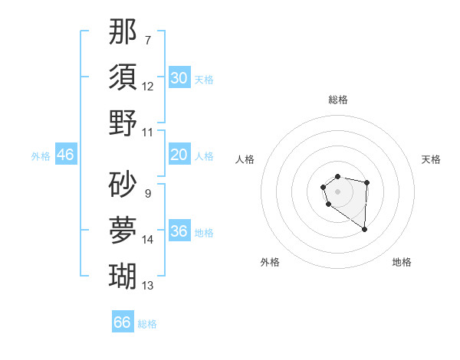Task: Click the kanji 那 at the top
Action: [123, 32]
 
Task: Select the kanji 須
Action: [123, 77]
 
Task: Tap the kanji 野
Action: [123, 123]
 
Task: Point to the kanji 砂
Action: [123, 184]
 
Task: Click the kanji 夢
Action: [123, 229]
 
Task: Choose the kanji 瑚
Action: [123, 274]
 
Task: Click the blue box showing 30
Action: [179, 78]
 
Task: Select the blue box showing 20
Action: [179, 155]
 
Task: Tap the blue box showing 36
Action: [179, 232]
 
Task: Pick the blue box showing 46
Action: [65, 155]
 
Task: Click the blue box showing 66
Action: [123, 322]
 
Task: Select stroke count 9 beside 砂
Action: [148, 194]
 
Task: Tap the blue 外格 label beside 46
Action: [41, 156]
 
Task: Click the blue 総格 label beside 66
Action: [147, 324]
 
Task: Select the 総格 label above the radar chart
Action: [338, 100]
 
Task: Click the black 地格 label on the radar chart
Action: [402, 262]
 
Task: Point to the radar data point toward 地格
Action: [365, 229]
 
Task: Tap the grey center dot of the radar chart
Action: [337, 190]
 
